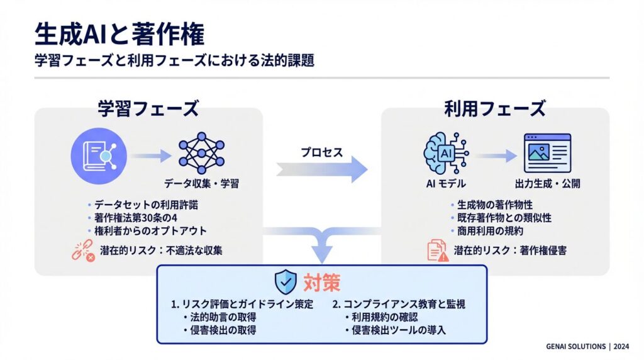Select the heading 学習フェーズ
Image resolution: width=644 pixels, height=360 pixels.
point(148,108)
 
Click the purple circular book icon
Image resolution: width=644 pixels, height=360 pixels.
point(99,153)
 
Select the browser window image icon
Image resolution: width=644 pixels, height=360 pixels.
point(547,152)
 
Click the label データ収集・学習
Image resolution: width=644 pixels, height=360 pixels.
point(201,184)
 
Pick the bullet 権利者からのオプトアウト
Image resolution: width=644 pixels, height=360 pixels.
point(150,231)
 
